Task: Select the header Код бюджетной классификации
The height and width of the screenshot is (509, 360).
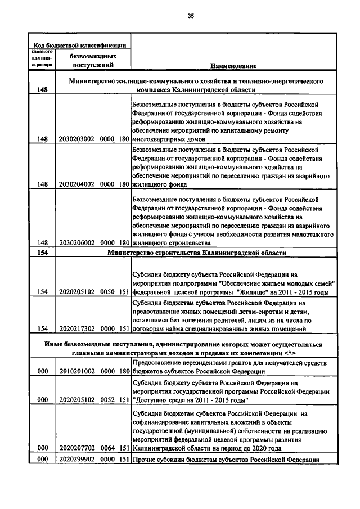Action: tap(79, 45)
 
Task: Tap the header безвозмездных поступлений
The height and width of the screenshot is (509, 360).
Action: tap(93, 61)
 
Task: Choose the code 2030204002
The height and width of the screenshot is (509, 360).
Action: tap(76, 184)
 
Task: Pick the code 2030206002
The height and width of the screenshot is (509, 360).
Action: tap(76, 243)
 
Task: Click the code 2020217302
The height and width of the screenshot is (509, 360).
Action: tap(76, 328)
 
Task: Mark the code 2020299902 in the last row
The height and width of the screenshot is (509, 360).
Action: tap(76, 460)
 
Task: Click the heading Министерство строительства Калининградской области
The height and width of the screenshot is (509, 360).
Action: tap(197, 253)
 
